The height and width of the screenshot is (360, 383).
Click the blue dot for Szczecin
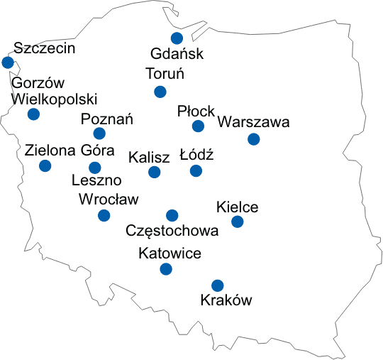pyautogui.click(x=8, y=62)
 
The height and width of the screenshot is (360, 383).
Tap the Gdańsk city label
pyautogui.click(x=177, y=54)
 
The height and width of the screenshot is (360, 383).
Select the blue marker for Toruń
pyautogui.click(x=160, y=92)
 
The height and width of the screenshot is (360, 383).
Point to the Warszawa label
pyautogui.click(x=254, y=122)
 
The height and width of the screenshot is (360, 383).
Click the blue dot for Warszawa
pyautogui.click(x=253, y=139)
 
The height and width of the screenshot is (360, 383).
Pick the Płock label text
pyautogui.click(x=196, y=111)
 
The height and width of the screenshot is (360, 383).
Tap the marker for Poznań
pyautogui.click(x=99, y=133)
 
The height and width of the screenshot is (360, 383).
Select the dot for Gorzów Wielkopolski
pyautogui.click(x=33, y=114)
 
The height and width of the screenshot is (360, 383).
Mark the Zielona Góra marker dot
pyautogui.click(x=45, y=166)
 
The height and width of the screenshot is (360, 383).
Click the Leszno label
pyautogui.click(x=97, y=181)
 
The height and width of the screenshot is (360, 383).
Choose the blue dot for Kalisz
pyautogui.click(x=154, y=172)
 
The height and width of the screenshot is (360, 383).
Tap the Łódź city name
pyautogui.click(x=196, y=155)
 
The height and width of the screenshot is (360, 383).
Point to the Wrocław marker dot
pyautogui.click(x=104, y=215)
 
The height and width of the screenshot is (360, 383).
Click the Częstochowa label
pyautogui.click(x=172, y=231)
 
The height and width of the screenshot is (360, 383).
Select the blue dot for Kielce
pyautogui.click(x=237, y=222)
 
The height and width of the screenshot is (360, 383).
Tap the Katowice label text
pyautogui.click(x=170, y=253)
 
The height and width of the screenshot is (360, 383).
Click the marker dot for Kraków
pyautogui.click(x=218, y=285)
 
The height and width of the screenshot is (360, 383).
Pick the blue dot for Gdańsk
pyautogui.click(x=177, y=38)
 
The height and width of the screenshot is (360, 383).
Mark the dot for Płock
pyautogui.click(x=198, y=126)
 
